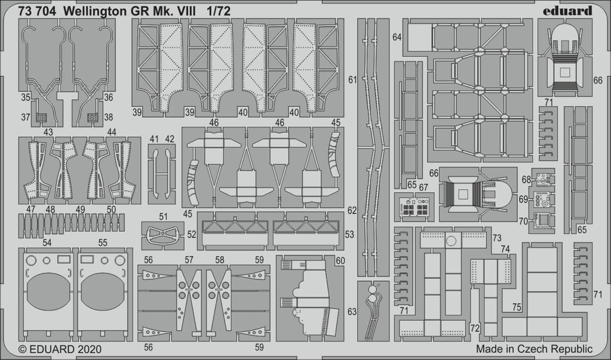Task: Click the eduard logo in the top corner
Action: click(x=567, y=11)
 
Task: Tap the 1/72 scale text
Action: click(x=219, y=12)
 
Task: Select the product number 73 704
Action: click(x=37, y=12)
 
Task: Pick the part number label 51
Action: click(x=163, y=217)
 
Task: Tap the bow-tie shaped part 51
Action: click(x=163, y=236)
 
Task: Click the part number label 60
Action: click(x=340, y=261)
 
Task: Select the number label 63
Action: click(x=352, y=312)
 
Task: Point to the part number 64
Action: click(x=397, y=37)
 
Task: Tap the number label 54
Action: click(x=47, y=243)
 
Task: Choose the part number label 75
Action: click(x=517, y=307)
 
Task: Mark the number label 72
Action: click(x=475, y=328)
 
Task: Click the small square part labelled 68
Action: click(x=542, y=180)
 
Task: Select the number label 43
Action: click(x=48, y=133)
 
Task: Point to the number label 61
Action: click(x=352, y=80)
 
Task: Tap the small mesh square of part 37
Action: click(x=41, y=117)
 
